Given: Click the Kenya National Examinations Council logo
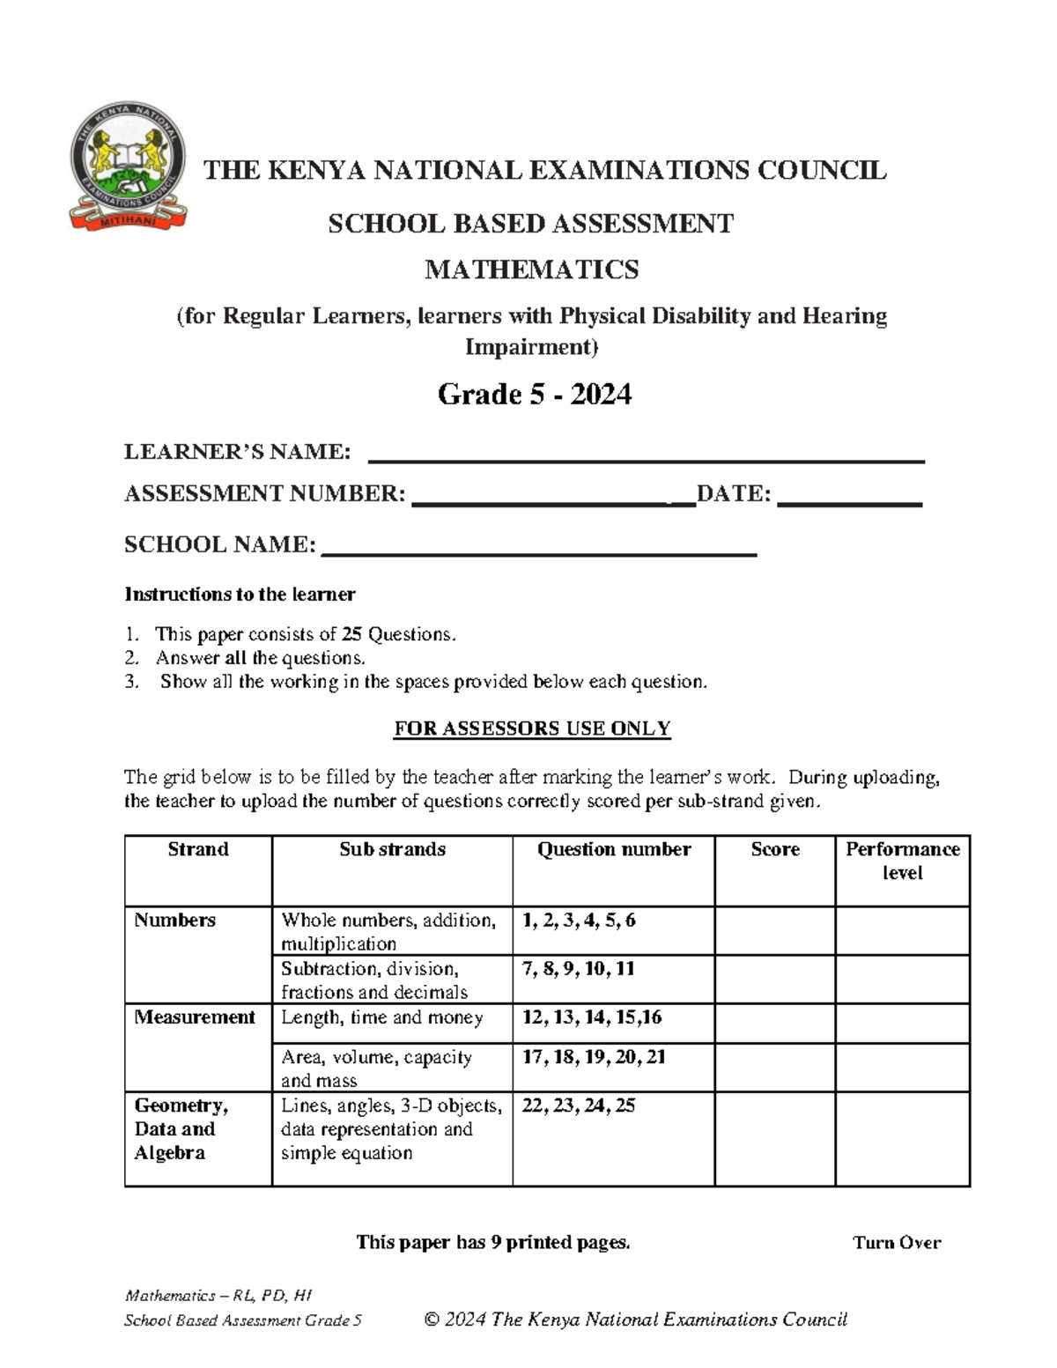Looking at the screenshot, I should pos(128,167).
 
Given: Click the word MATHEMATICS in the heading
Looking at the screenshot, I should pos(531,270).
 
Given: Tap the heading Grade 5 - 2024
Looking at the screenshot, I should pos(534,394).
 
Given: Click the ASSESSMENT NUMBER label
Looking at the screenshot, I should pos(264,493).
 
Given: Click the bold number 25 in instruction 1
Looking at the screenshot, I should pos(351,634).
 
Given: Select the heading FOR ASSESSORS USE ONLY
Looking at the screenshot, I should pos(532,728).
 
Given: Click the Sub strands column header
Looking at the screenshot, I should pos(392,849).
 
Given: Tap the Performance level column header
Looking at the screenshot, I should pos(902,861).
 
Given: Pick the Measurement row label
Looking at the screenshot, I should pos(194,1017).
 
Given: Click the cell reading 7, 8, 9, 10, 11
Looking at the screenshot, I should pos(578,969).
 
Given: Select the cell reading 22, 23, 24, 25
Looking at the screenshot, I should pos(578,1105).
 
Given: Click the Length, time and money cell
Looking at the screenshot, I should pos(381,1017).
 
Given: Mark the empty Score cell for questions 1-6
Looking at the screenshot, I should pos(774,931).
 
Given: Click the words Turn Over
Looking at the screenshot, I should pos(896,1243).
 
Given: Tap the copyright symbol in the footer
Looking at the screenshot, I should pos(432,1320).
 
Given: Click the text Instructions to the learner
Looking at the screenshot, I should pos(240,595).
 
